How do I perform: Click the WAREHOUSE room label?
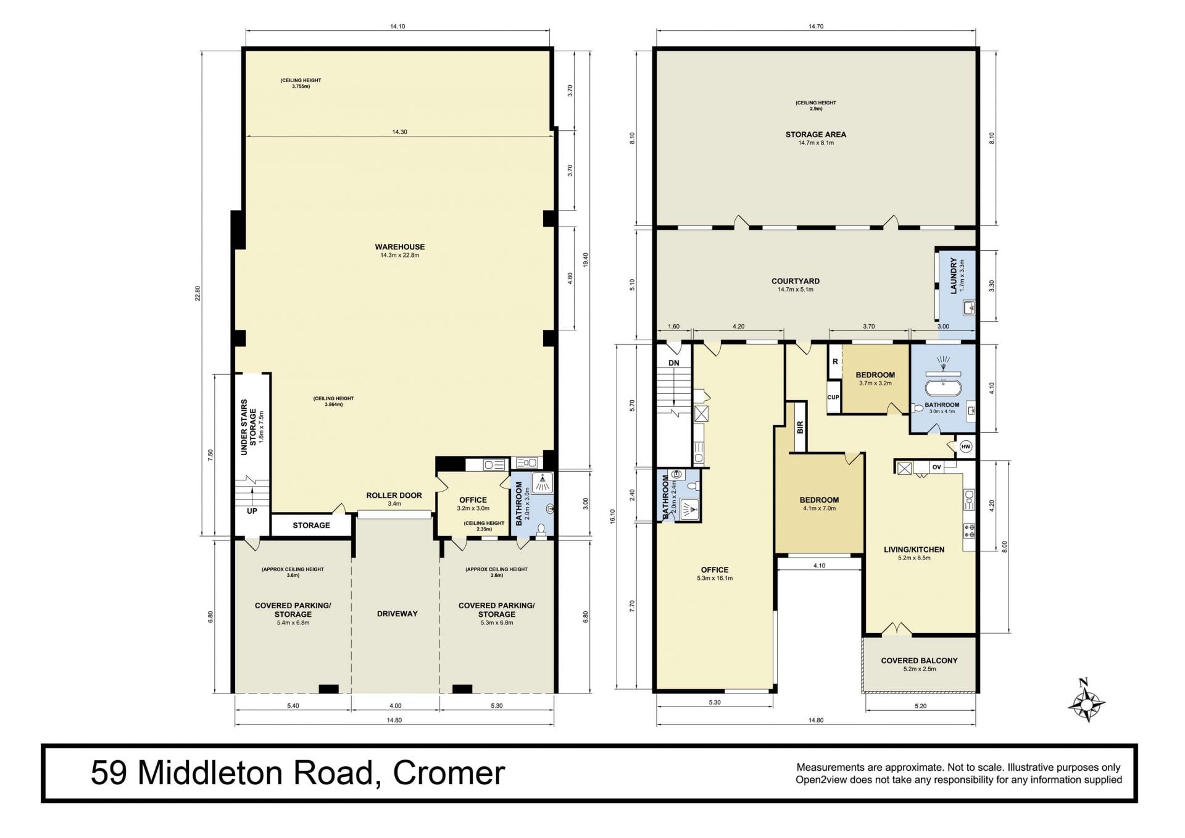point(399,247)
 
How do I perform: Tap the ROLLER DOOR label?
point(394,495)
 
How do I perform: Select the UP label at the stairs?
point(252,511)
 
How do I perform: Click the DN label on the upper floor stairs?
point(673,363)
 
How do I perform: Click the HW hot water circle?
point(965,446)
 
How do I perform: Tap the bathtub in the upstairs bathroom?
point(942,388)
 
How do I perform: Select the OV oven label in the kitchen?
point(936,467)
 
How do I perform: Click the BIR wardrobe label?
point(800,427)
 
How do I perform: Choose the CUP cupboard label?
point(833,397)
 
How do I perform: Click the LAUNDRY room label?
point(954,276)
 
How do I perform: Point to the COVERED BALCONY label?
point(919,661)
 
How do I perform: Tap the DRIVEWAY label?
point(397,614)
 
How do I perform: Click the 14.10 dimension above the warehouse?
point(397,27)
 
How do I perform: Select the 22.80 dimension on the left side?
point(198,293)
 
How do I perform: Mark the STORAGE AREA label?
point(815,135)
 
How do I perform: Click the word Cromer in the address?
point(449,773)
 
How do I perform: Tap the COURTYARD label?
point(796,281)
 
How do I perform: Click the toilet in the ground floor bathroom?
point(541,530)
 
